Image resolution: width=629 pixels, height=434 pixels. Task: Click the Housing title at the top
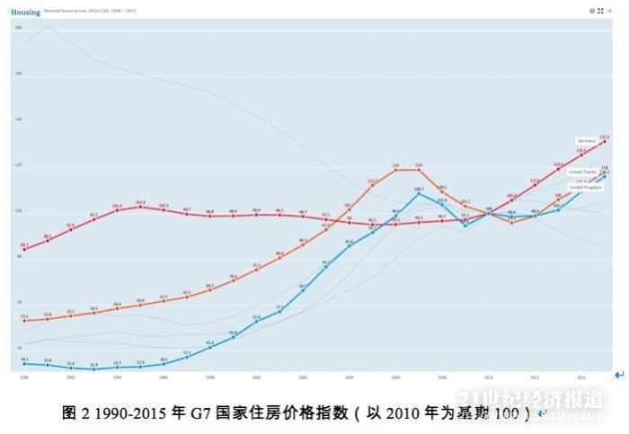coord(27,12)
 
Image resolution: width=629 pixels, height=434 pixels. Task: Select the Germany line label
coord(587,141)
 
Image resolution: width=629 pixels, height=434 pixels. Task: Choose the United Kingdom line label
coord(586,187)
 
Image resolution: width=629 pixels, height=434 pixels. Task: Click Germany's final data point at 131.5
coord(605,141)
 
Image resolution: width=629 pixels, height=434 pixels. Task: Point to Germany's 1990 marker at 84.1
coord(24,249)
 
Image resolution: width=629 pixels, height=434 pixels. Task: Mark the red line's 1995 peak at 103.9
coord(140,207)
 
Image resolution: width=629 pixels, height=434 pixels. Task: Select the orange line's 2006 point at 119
coord(395,170)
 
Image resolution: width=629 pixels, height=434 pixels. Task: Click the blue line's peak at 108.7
coord(419,193)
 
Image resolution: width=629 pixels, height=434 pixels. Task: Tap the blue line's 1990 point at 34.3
coord(24,364)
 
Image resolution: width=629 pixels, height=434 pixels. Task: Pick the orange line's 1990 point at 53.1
coord(24,320)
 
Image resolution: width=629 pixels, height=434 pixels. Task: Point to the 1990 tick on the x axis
coord(24,378)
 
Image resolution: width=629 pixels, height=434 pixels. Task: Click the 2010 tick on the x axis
coord(489,378)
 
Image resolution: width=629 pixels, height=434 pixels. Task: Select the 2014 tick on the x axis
coord(581,378)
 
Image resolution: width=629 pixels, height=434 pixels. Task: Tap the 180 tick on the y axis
coord(18,29)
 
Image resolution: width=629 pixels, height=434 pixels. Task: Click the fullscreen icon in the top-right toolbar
coord(600,11)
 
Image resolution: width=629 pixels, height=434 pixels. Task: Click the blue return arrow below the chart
coord(618,374)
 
